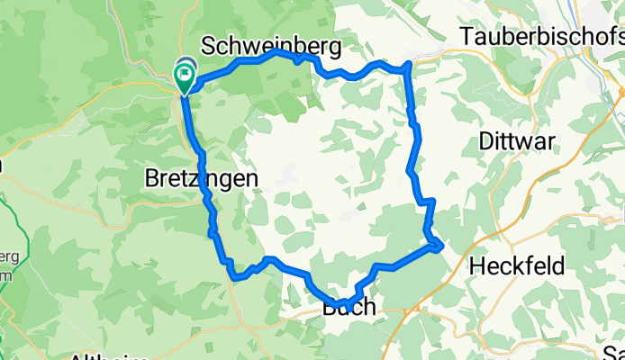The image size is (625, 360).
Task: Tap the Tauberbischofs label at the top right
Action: click(x=541, y=37)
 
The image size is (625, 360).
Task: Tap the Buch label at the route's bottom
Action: click(x=349, y=309)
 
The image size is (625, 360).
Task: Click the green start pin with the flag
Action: click(x=186, y=77)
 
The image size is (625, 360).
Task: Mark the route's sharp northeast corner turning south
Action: click(x=410, y=65)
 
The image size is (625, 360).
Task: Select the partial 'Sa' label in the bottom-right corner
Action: click(x=613, y=352)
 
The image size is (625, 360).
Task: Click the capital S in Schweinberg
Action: click(x=209, y=45)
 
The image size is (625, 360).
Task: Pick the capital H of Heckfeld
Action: click(x=477, y=266)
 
